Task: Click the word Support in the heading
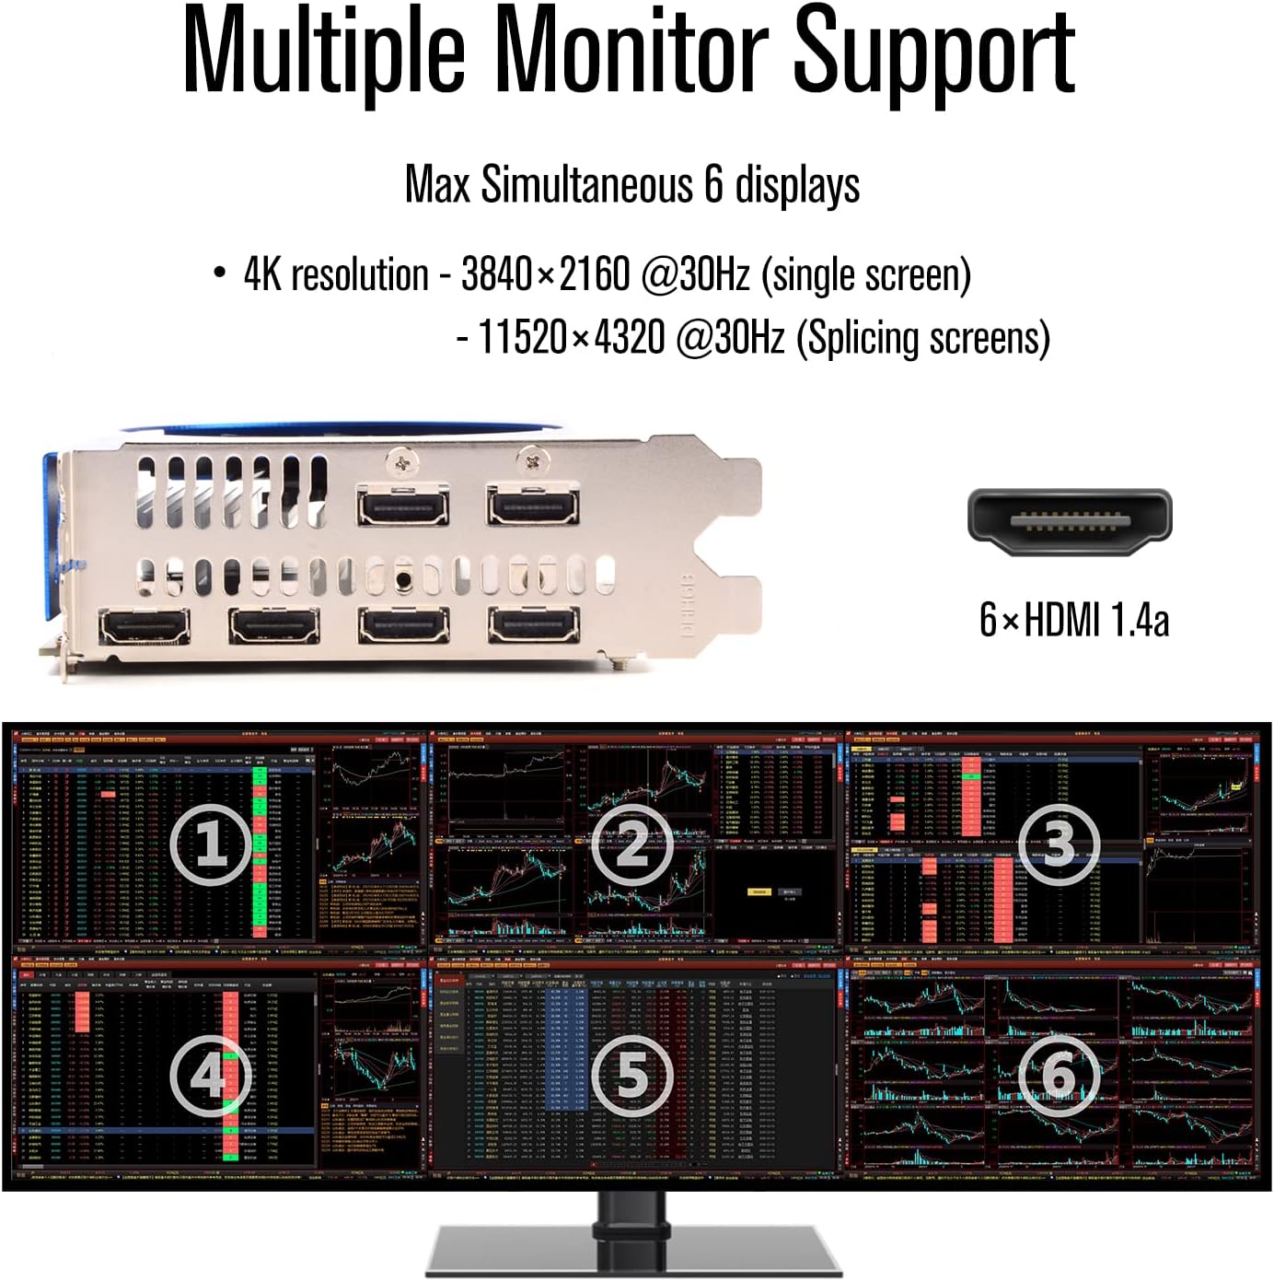pyautogui.click(x=933, y=51)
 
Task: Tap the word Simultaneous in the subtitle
pyautogui.click(x=585, y=184)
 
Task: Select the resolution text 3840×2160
pyautogui.click(x=545, y=274)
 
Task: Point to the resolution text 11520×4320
pyautogui.click(x=571, y=337)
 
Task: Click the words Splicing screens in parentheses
pyautogui.click(x=922, y=338)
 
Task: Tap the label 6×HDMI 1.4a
pyautogui.click(x=1073, y=619)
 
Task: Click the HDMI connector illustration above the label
pyautogui.click(x=1069, y=521)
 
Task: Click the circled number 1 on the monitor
pyautogui.click(x=212, y=844)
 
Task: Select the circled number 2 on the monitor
pyautogui.click(x=631, y=844)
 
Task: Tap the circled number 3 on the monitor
pyautogui.click(x=1059, y=844)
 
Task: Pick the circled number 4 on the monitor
pyautogui.click(x=212, y=1075)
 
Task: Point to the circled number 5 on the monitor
pyautogui.click(x=631, y=1075)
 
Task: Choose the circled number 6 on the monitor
pyautogui.click(x=1059, y=1075)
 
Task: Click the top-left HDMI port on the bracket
pyautogui.click(x=403, y=505)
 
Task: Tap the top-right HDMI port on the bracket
pyautogui.click(x=533, y=505)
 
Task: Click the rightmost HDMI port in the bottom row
pyautogui.click(x=533, y=626)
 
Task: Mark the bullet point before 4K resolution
pyautogui.click(x=219, y=273)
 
